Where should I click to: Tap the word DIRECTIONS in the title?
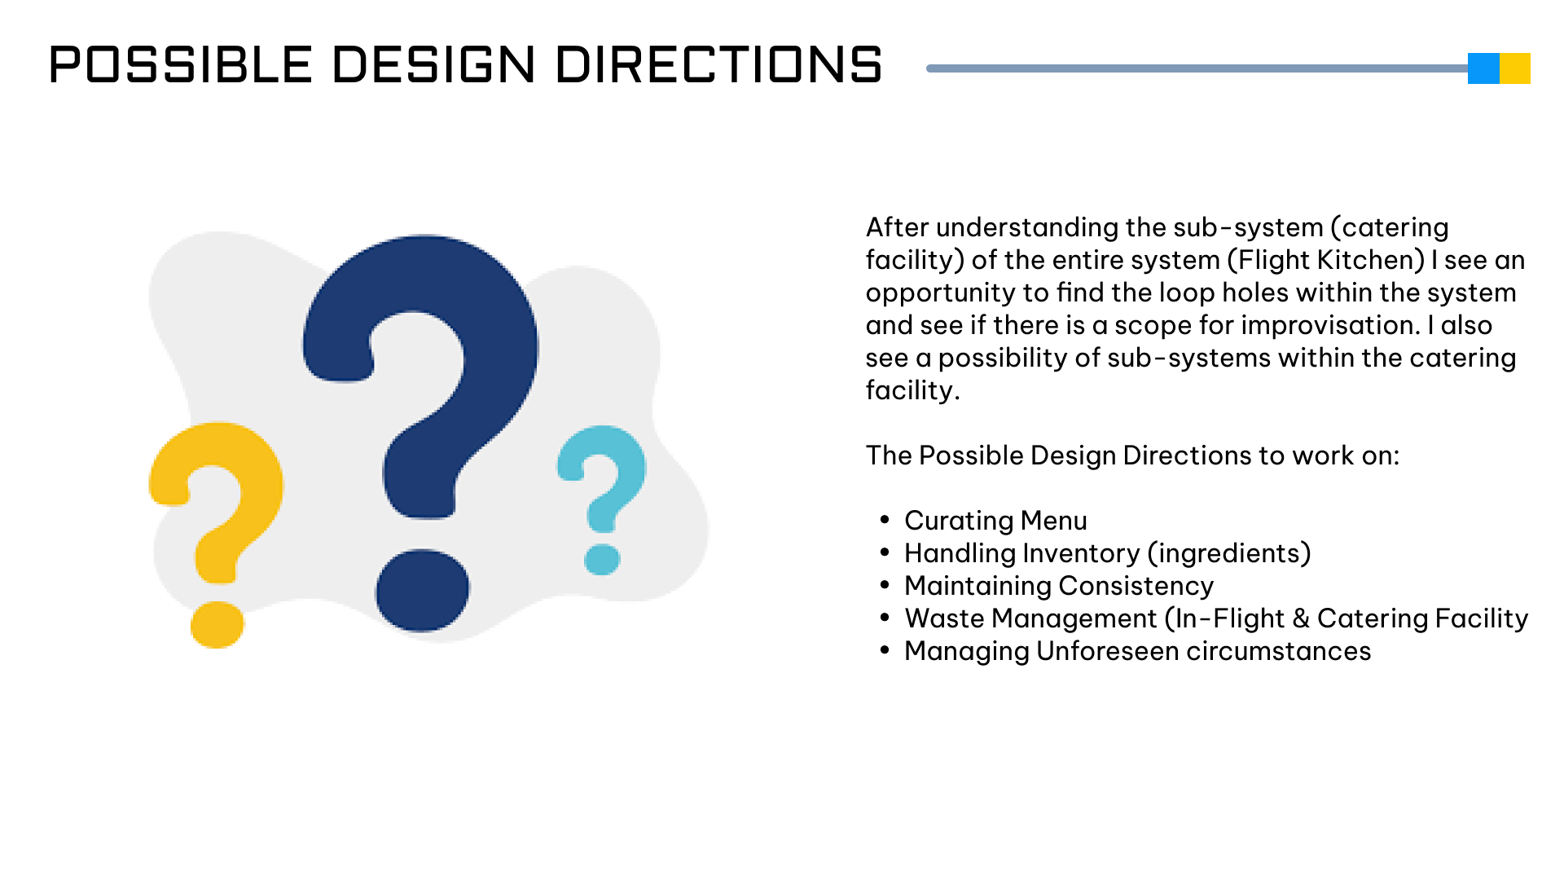[x=719, y=64]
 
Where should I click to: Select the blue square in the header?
[x=1483, y=68]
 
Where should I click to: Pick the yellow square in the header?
[x=1515, y=68]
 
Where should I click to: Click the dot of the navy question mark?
[x=422, y=590]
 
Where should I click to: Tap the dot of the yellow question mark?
[x=217, y=625]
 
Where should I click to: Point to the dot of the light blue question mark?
[x=603, y=560]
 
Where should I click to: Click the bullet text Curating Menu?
[x=995, y=521]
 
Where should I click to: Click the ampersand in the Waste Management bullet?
[x=1301, y=618]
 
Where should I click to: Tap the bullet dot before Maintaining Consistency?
[x=885, y=585]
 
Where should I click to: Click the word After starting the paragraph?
[x=898, y=227]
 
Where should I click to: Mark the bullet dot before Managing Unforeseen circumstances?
[x=885, y=650]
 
